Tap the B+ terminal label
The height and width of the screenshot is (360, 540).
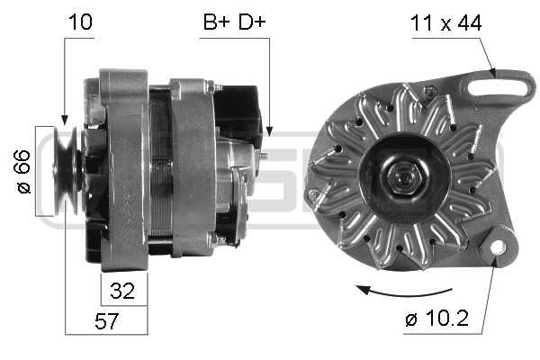(x=214, y=23)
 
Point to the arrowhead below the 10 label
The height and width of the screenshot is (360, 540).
(x=64, y=120)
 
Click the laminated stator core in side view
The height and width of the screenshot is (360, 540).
(x=159, y=171)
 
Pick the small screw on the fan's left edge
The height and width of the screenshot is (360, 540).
(x=313, y=193)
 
